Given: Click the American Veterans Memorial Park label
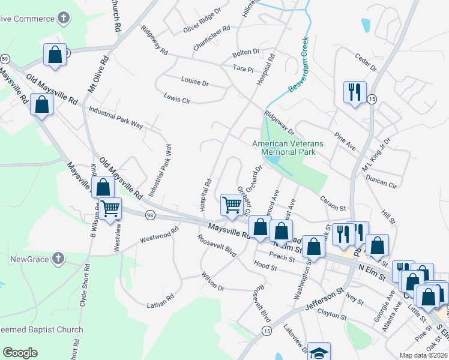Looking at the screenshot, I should [288, 148].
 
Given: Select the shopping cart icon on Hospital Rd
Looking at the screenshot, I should [232, 205].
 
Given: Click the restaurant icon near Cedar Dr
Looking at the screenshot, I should [354, 92].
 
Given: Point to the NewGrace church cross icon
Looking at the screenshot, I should [58, 259].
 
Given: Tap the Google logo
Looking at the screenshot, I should [20, 353].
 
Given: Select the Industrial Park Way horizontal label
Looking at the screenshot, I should [115, 118].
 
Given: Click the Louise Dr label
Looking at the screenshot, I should [194, 81].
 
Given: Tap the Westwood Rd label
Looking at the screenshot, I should [159, 234].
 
